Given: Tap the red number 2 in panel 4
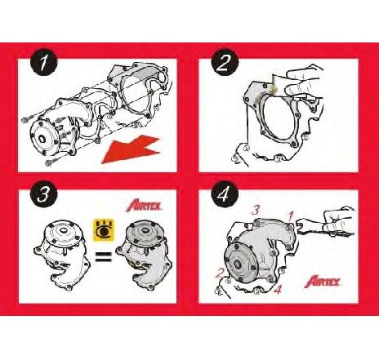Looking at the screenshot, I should click(x=219, y=273).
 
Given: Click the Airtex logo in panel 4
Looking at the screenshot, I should click(x=327, y=282).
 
